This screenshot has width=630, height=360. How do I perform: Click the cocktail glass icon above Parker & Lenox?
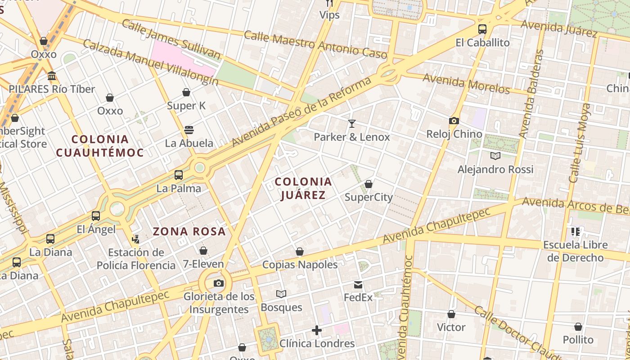(352, 123)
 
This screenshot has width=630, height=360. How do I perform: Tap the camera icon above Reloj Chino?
(454, 121)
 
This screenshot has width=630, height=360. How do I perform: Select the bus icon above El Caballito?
(482, 29)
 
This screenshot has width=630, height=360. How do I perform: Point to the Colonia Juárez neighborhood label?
(303, 188)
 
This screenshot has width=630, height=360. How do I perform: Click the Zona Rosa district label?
(189, 231)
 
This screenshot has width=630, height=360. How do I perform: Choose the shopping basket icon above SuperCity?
(369, 184)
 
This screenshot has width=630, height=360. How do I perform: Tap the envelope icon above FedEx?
(358, 284)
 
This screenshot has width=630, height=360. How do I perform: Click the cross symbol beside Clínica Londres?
(317, 331)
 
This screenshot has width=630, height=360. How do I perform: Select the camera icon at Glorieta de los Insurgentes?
(219, 283)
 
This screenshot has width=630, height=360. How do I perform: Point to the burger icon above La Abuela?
(189, 130)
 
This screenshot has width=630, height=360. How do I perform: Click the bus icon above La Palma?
(179, 175)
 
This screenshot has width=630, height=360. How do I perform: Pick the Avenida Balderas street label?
(531, 94)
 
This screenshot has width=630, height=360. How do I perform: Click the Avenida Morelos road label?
(466, 84)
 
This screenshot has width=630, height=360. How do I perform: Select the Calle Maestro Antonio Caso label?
(315, 45)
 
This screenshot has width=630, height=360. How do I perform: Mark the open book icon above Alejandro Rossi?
(495, 156)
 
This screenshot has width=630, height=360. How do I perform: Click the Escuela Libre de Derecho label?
(576, 251)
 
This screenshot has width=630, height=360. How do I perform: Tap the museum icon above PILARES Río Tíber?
(52, 76)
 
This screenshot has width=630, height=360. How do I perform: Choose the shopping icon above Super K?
(186, 93)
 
